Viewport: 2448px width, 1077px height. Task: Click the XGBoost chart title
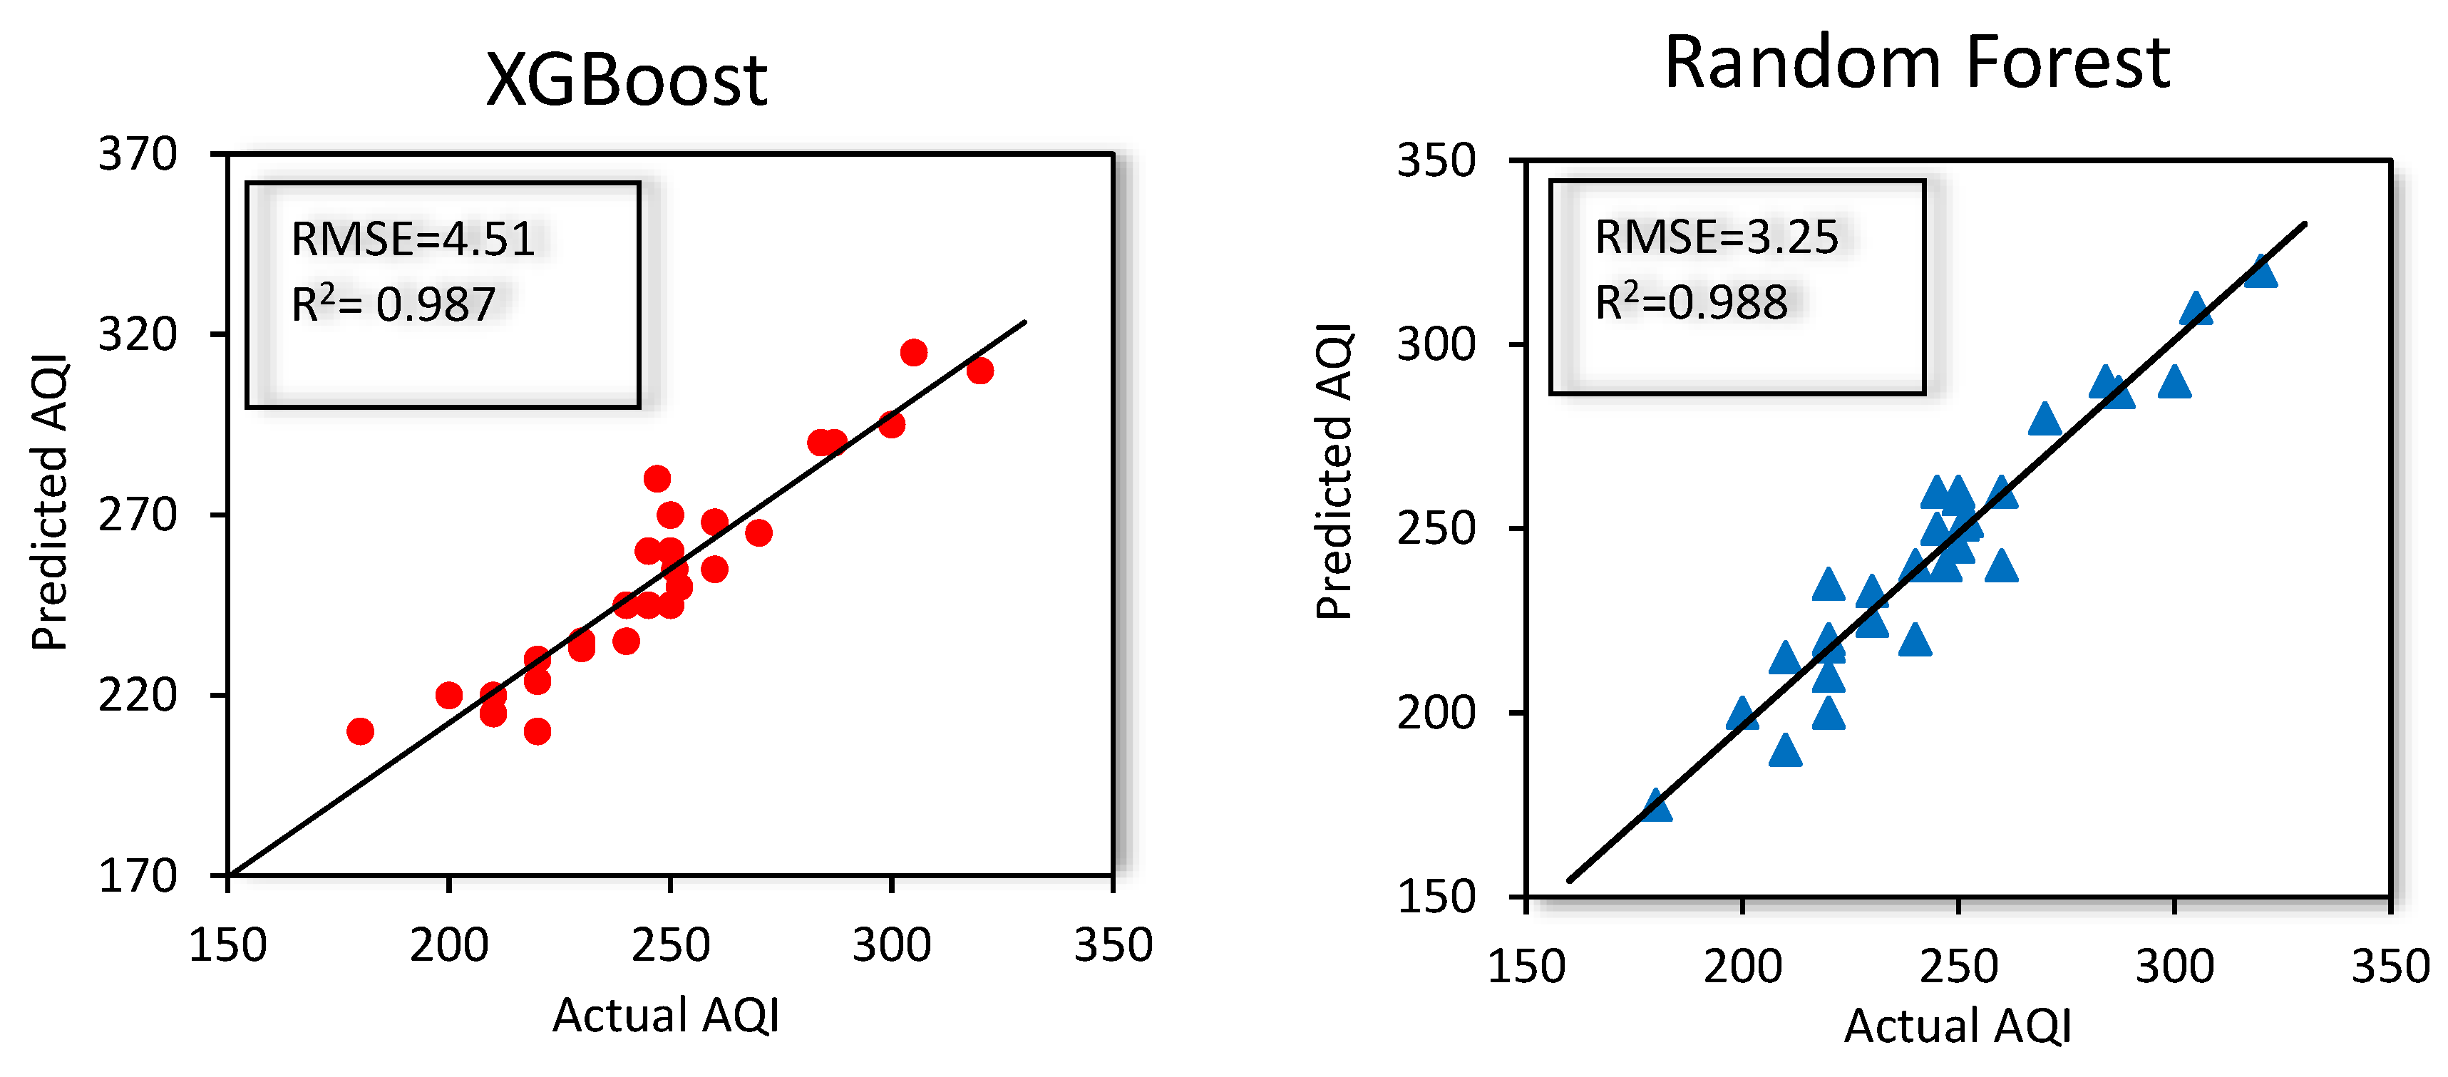[625, 80]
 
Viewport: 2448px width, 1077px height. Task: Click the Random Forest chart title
[1917, 63]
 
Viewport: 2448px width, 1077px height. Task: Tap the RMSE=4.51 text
[413, 239]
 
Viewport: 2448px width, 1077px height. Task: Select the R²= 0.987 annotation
[394, 304]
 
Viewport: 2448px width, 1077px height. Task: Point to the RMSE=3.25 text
[1717, 237]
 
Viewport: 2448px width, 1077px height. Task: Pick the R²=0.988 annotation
[1691, 302]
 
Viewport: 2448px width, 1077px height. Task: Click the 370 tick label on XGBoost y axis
[138, 154]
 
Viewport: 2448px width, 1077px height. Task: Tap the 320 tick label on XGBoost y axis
[138, 334]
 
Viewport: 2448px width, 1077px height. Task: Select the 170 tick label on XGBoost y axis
[138, 875]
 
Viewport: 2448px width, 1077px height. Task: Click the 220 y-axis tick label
[138, 695]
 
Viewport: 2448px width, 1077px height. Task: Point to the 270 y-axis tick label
[138, 515]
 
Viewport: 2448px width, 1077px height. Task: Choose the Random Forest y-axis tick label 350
[1435, 160]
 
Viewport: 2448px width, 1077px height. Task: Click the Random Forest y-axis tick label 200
[1435, 712]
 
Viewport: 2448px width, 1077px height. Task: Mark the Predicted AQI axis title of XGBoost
[49, 502]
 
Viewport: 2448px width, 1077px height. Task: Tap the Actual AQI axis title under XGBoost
[665, 1015]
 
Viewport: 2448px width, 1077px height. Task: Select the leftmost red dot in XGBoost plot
[360, 731]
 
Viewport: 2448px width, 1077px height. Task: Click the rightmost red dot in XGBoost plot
[979, 371]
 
